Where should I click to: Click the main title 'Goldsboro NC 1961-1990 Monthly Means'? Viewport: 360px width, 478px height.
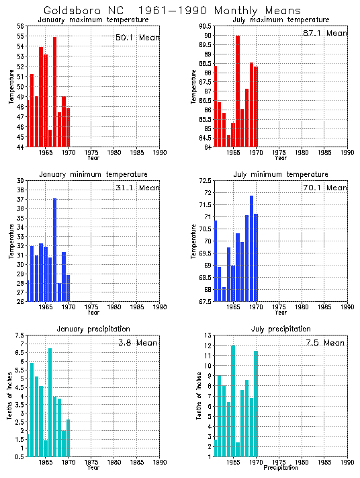pyautogui.click(x=172, y=11)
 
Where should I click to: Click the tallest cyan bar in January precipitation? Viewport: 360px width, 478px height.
pyautogui.click(x=50, y=402)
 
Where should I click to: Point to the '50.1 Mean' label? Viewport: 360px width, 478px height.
pyautogui.click(x=137, y=38)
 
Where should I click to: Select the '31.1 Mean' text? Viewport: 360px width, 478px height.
pyautogui.click(x=137, y=188)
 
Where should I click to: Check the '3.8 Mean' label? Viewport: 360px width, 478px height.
pyautogui.click(x=137, y=342)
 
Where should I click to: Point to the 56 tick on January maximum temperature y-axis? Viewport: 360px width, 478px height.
pyautogui.click(x=20, y=26)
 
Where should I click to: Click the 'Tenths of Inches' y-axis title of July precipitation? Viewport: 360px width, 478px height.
pyautogui.click(x=199, y=396)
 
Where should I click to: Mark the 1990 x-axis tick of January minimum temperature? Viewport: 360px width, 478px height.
pyautogui.click(x=160, y=307)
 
